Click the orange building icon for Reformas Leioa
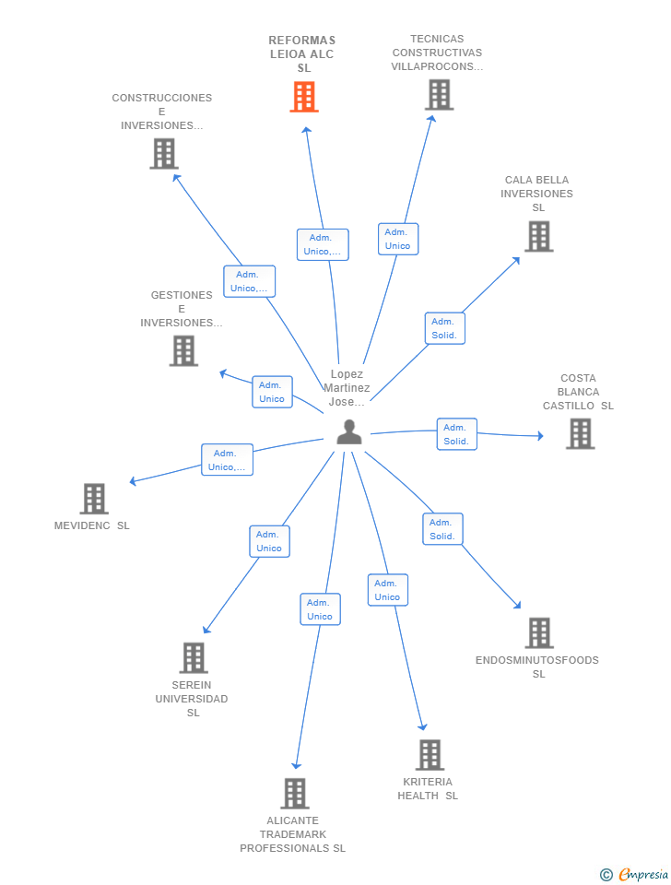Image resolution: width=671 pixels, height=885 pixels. pyautogui.click(x=303, y=97)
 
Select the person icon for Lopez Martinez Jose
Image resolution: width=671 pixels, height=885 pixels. pyautogui.click(x=349, y=431)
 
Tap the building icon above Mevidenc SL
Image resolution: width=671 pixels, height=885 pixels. pyautogui.click(x=94, y=499)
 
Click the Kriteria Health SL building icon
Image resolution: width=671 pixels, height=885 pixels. pyautogui.click(x=430, y=755)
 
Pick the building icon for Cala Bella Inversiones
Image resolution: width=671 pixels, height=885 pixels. pyautogui.click(x=539, y=236)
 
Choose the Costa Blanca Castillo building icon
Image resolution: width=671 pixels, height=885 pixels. pyautogui.click(x=580, y=433)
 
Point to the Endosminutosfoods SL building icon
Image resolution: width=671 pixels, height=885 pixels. pyautogui.click(x=539, y=632)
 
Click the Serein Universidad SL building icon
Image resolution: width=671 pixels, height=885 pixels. pyautogui.click(x=194, y=657)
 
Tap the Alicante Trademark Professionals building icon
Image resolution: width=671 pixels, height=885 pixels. pyautogui.click(x=295, y=793)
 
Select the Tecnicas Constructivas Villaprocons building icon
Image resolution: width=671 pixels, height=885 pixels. pyautogui.click(x=439, y=94)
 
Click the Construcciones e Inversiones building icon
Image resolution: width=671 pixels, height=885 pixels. pyautogui.click(x=164, y=154)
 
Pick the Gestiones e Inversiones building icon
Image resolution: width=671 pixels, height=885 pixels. pyautogui.click(x=184, y=350)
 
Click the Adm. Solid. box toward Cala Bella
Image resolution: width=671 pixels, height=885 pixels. pyautogui.click(x=444, y=328)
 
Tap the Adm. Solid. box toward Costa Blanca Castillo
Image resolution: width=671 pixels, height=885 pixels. pyautogui.click(x=456, y=434)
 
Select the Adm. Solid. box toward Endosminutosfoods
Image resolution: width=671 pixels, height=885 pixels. pyautogui.click(x=442, y=529)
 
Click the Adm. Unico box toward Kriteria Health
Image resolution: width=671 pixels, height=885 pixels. pyautogui.click(x=388, y=590)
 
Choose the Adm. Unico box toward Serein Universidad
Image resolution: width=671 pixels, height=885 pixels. pyautogui.click(x=270, y=541)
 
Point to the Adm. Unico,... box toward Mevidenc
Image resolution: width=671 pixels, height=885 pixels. pyautogui.click(x=227, y=459)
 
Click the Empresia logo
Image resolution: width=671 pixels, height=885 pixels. pyautogui.click(x=634, y=874)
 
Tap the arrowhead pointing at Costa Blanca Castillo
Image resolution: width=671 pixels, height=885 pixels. pyautogui.click(x=540, y=436)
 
